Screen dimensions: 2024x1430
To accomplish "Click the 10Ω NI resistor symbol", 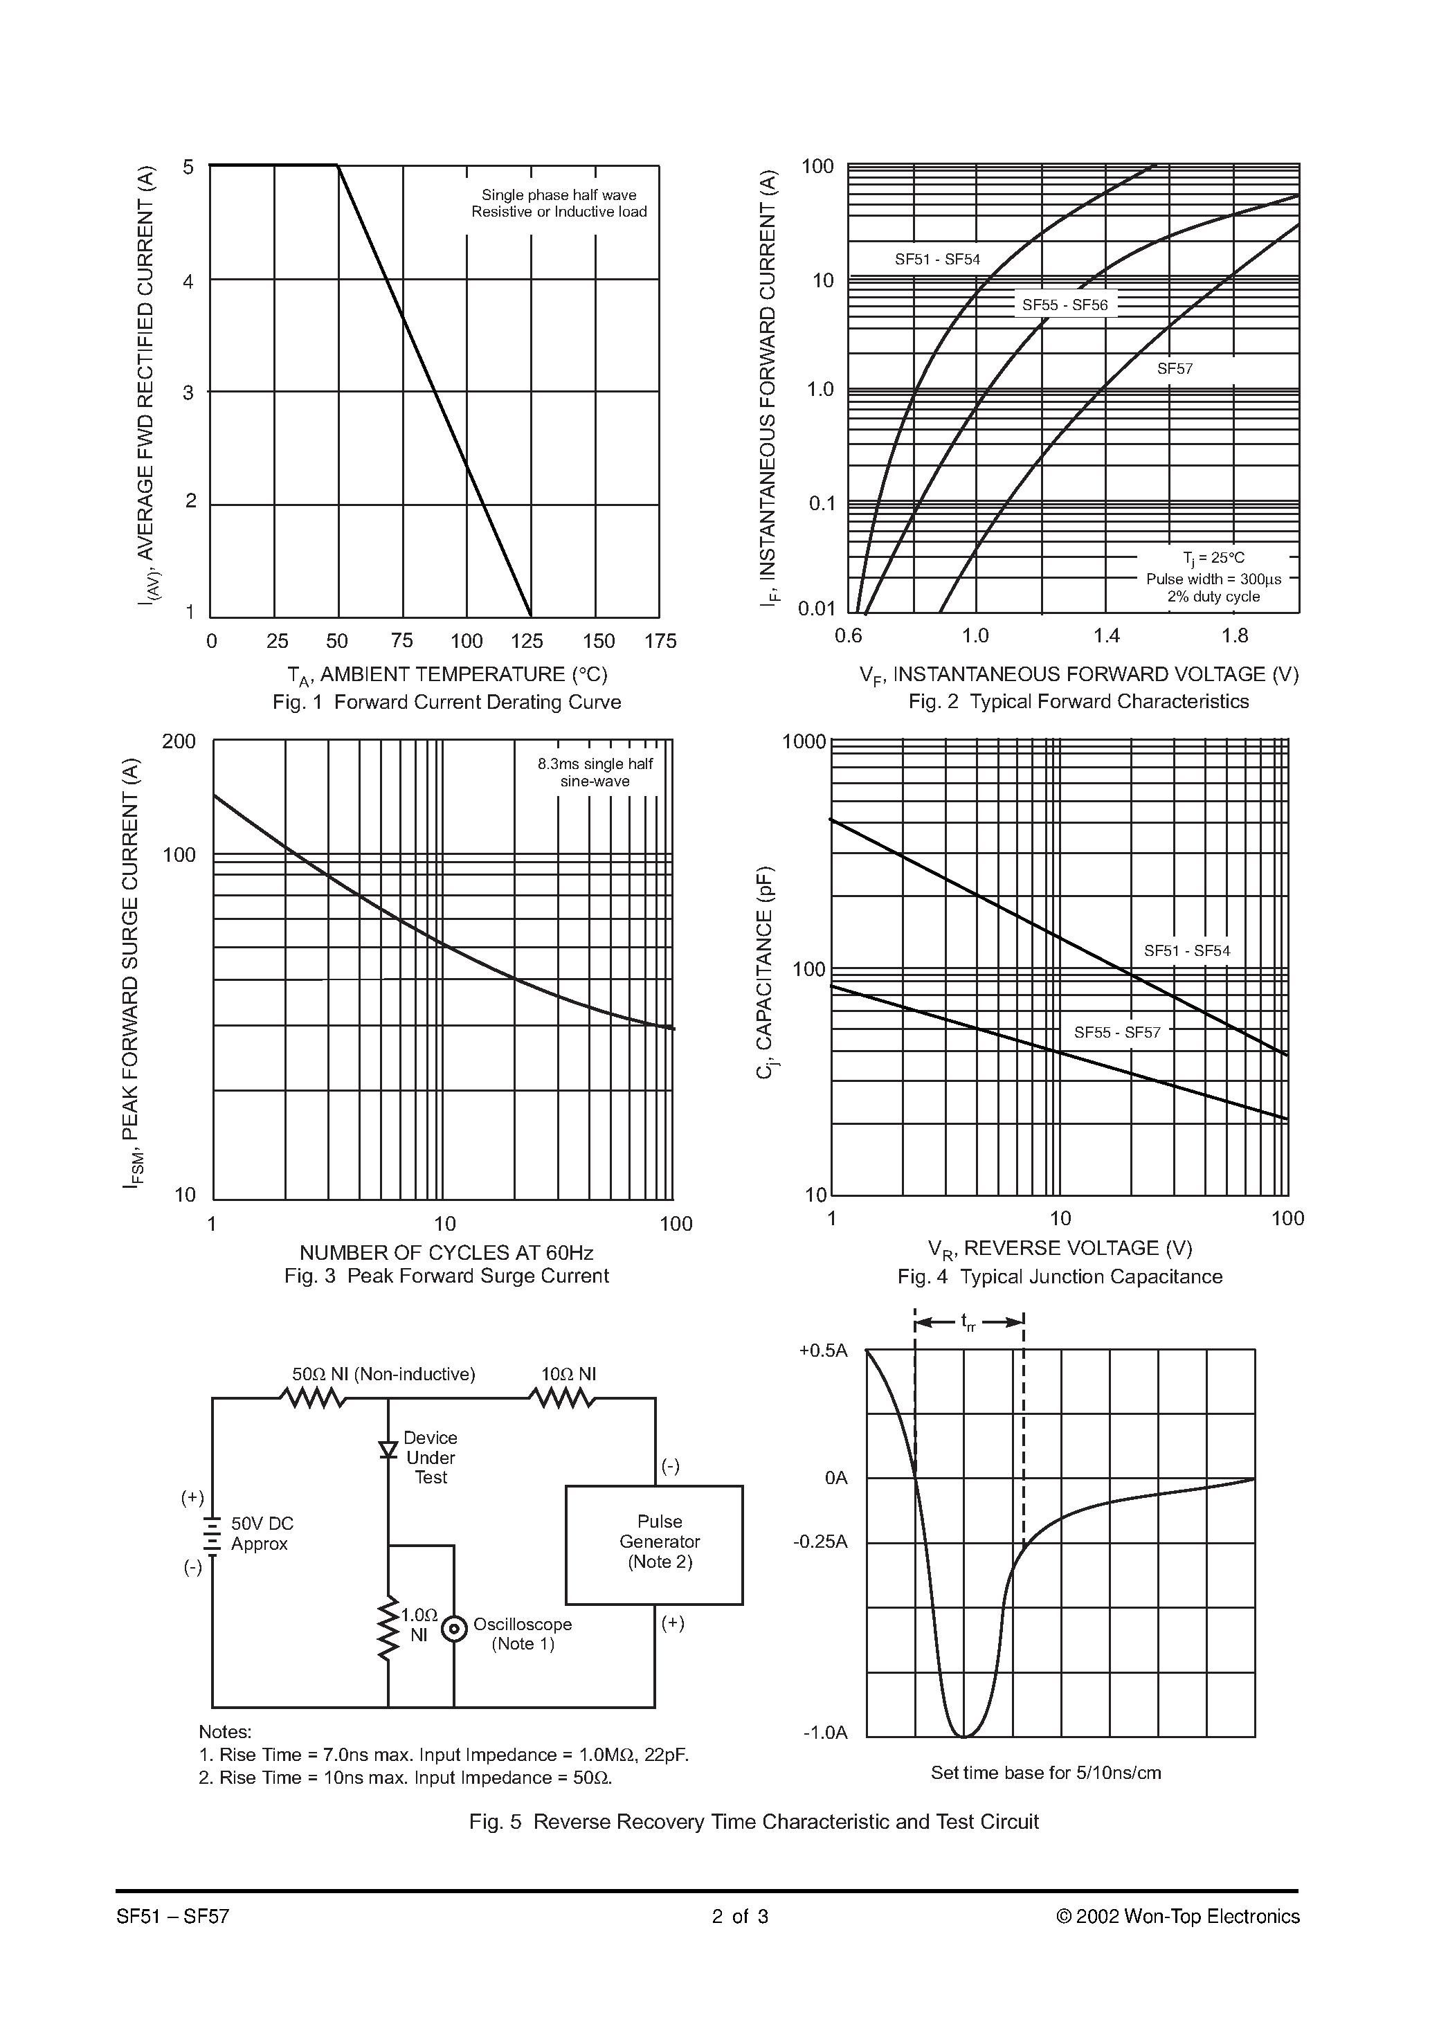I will (x=561, y=1398).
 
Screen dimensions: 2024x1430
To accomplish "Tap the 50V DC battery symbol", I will (x=212, y=1535).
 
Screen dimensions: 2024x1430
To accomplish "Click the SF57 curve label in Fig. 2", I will (x=1175, y=368).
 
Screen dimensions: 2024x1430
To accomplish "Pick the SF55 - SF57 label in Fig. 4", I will (x=1117, y=1032).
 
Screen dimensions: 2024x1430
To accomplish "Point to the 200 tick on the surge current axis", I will (x=179, y=741).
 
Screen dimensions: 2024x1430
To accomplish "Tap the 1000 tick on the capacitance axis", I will (x=803, y=741).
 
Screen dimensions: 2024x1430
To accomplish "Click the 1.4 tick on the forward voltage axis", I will (x=1107, y=635).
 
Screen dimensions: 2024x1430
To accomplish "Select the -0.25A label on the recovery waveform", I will (x=820, y=1542).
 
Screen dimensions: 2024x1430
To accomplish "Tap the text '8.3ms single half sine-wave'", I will (x=595, y=772).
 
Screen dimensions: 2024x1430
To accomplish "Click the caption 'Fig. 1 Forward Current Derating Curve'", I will (x=446, y=702).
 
